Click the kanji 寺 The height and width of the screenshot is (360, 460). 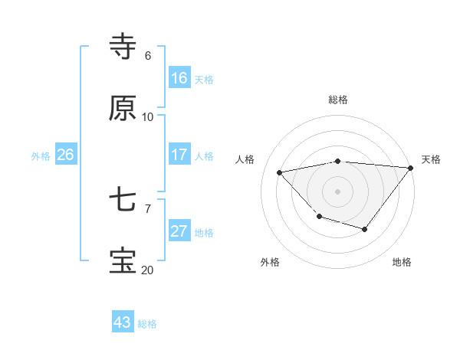[x=123, y=47]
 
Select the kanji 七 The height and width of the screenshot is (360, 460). [x=123, y=201]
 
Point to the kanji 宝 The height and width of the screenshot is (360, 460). [x=123, y=261]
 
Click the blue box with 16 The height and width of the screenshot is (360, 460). [x=179, y=78]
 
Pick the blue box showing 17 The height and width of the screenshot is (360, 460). [x=179, y=155]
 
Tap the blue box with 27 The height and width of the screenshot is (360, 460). [x=179, y=231]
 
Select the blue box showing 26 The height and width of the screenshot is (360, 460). [x=65, y=155]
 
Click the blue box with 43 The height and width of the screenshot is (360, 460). [x=123, y=322]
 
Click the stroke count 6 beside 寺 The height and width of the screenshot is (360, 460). [x=148, y=56]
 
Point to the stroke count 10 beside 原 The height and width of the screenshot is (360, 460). [x=148, y=117]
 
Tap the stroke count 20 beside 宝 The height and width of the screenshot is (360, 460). [x=147, y=270]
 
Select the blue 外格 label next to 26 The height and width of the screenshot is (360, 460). [x=41, y=156]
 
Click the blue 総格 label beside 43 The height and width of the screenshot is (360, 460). [x=147, y=324]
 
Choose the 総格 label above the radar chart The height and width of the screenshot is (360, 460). [x=338, y=100]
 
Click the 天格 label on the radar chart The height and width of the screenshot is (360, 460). [x=431, y=159]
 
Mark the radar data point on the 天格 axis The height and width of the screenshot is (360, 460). [x=412, y=167]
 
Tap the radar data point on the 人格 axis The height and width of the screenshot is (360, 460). [x=280, y=172]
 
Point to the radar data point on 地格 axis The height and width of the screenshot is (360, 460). [x=365, y=229]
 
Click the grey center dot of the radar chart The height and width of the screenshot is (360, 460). [x=338, y=191]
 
